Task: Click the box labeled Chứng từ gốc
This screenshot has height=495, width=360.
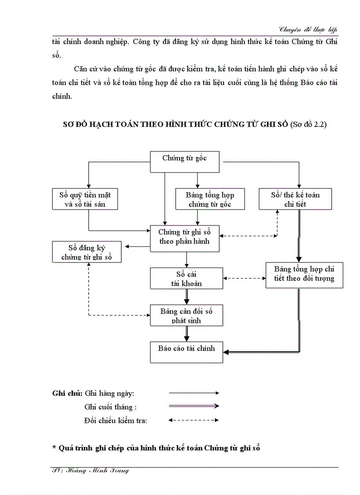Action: tap(185, 162)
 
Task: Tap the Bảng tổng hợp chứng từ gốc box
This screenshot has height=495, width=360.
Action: tap(210, 199)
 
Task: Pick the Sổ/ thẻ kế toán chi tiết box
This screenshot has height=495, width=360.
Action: tap(295, 199)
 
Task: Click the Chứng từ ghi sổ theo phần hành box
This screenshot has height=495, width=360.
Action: tap(185, 238)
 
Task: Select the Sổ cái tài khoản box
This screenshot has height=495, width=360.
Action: tap(186, 279)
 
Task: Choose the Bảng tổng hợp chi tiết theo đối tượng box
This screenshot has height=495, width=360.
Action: tap(304, 275)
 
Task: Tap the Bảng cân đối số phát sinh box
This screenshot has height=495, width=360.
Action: tap(186, 315)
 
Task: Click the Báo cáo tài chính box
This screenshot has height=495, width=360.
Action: tap(186, 352)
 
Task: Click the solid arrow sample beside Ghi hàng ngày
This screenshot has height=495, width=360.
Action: tap(194, 392)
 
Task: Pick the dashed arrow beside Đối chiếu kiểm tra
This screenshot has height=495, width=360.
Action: tap(194, 420)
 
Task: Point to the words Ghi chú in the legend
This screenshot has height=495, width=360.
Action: tap(67, 393)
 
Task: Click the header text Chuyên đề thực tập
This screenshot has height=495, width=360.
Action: tap(308, 30)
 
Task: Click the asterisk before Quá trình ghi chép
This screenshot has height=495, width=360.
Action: tap(54, 448)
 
